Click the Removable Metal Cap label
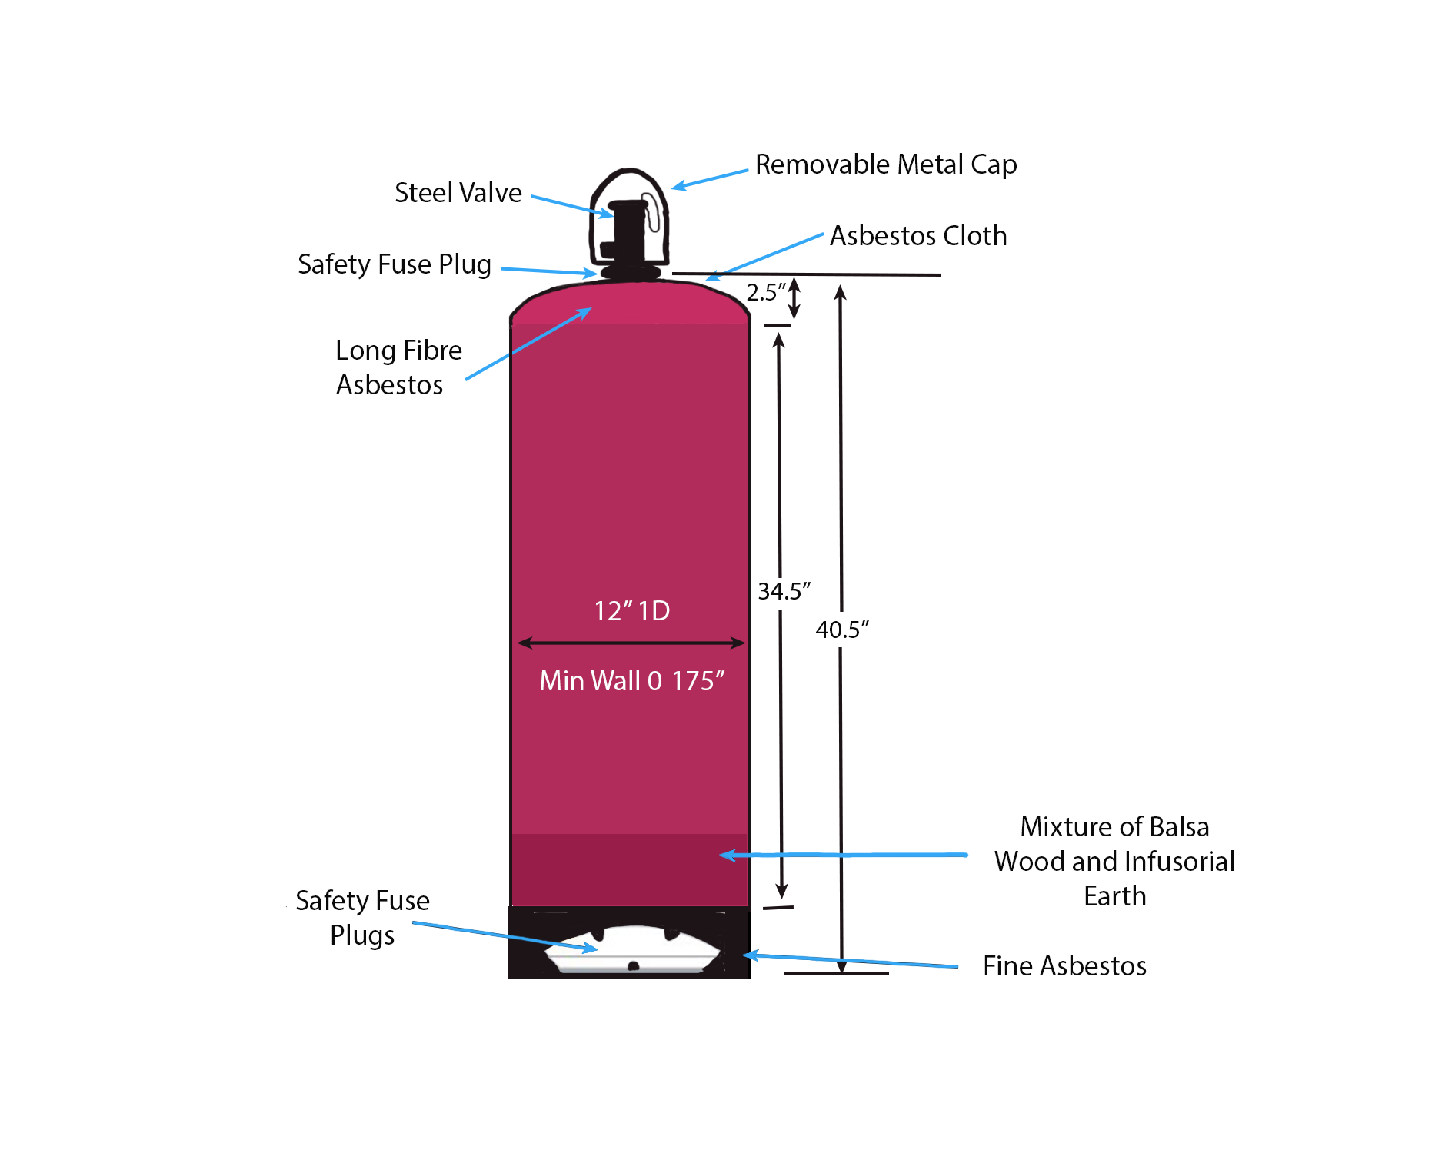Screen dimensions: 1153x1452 (x=885, y=164)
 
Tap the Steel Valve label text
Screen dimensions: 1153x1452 (x=458, y=192)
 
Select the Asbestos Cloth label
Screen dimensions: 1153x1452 (x=917, y=235)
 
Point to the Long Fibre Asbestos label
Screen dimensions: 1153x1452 (x=398, y=367)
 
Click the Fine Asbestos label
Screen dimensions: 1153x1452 (x=1064, y=965)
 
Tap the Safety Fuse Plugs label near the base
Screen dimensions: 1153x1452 (x=362, y=918)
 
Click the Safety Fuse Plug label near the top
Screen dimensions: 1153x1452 (x=394, y=264)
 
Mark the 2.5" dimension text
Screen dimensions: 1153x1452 (x=765, y=293)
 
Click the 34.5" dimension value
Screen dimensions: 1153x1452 (x=784, y=591)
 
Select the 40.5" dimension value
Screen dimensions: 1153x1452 (x=842, y=630)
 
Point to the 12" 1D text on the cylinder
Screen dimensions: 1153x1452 (x=631, y=611)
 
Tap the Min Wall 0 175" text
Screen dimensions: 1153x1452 (x=631, y=681)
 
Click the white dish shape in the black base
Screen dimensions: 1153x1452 (x=632, y=953)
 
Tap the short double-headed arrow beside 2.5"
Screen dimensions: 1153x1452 (x=794, y=298)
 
